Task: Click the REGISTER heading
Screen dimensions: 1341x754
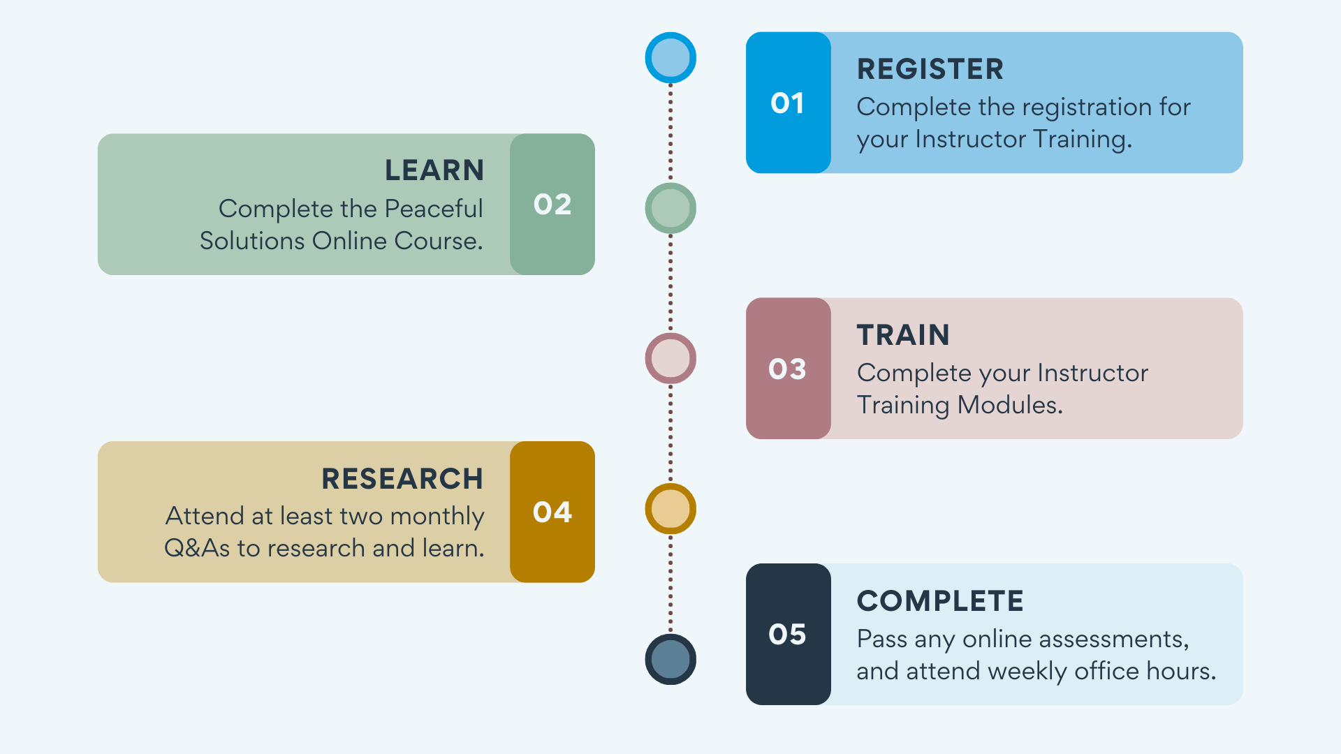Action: click(930, 69)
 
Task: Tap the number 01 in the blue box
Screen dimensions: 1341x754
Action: click(787, 103)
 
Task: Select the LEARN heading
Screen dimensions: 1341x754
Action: click(434, 170)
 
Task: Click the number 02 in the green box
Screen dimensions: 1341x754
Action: click(552, 205)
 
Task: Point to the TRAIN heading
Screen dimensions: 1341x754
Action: click(903, 335)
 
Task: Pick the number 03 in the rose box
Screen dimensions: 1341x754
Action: click(787, 369)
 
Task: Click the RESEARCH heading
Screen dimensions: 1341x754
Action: click(402, 479)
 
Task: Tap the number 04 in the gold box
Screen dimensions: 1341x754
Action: click(552, 512)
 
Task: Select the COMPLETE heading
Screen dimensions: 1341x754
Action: click(940, 601)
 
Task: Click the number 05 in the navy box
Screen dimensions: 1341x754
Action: click(787, 635)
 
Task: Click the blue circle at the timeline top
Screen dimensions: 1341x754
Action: click(670, 57)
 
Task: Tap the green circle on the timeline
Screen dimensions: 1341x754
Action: click(670, 208)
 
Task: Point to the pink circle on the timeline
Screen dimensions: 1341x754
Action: click(670, 358)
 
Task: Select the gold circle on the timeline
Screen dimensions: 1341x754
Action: click(670, 509)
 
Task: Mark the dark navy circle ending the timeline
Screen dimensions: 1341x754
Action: click(670, 659)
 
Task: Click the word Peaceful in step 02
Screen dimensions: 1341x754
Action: click(434, 209)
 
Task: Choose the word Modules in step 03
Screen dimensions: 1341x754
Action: click(1010, 405)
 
